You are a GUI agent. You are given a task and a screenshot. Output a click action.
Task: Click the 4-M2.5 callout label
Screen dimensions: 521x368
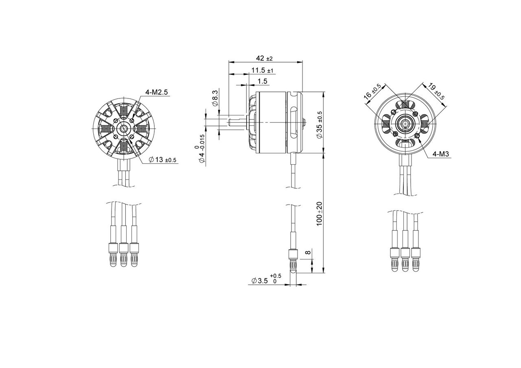(156, 92)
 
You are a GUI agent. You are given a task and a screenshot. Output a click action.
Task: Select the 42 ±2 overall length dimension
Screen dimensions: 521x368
(264, 58)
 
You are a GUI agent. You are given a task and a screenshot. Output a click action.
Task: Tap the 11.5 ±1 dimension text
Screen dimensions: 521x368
(262, 70)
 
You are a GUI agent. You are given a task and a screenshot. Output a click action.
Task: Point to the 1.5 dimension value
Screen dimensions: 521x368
(263, 81)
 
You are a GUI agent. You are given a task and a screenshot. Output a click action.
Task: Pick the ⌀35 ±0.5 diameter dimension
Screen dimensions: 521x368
(320, 125)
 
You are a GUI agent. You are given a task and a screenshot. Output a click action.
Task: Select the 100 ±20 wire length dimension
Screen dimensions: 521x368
(320, 213)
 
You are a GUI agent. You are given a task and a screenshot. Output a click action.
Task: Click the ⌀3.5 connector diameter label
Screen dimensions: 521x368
(266, 281)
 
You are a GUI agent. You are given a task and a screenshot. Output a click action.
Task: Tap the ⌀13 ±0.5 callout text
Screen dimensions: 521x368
(162, 160)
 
